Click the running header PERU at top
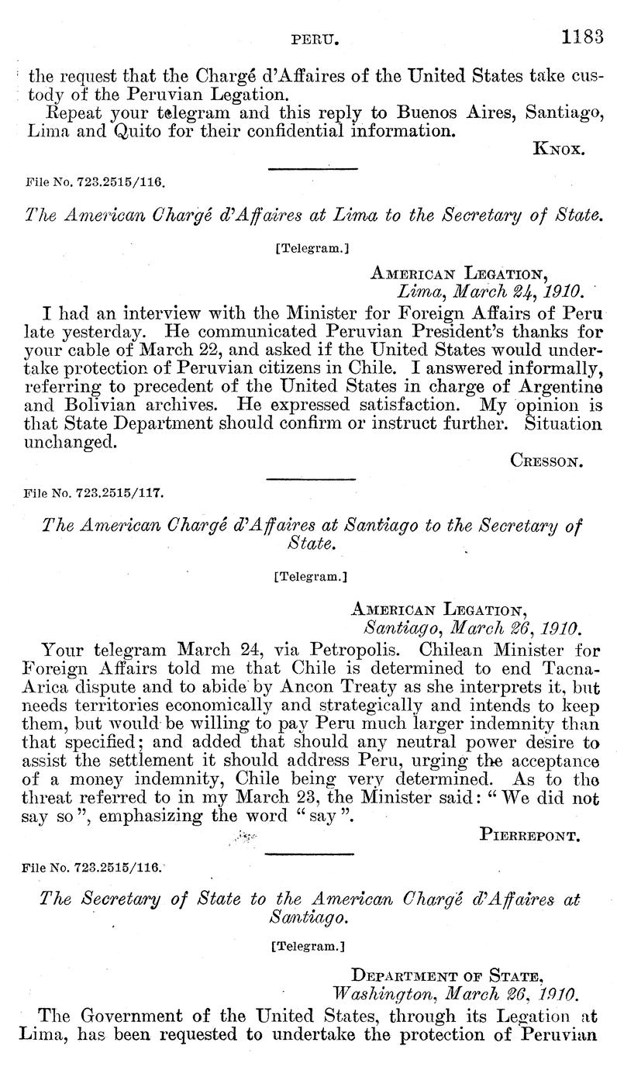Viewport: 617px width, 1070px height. click(312, 36)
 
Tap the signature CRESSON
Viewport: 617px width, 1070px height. click(547, 460)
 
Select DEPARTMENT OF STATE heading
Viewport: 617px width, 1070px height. click(466, 974)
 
